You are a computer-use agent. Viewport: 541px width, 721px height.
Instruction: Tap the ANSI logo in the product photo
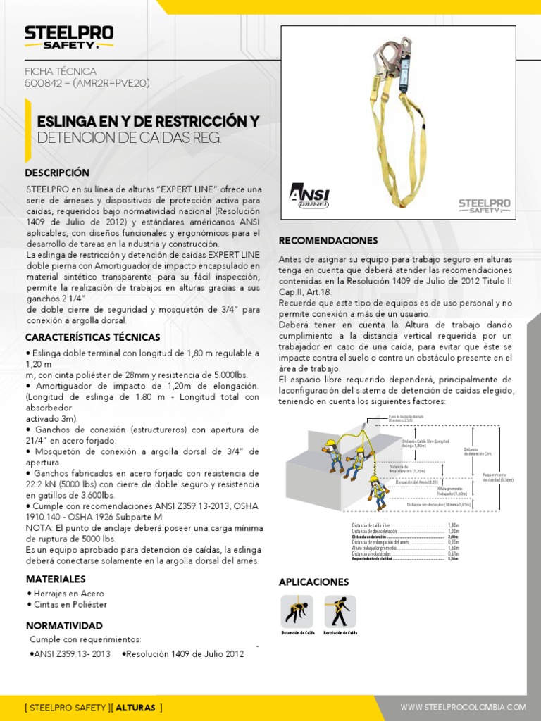(309, 195)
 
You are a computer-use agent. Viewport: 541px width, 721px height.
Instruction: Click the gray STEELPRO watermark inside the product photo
(485, 205)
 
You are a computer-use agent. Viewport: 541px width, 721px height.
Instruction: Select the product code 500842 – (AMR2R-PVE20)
(87, 83)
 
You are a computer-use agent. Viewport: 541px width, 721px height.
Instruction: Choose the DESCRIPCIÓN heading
(57, 173)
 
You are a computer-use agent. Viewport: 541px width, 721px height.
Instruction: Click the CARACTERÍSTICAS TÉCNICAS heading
(93, 337)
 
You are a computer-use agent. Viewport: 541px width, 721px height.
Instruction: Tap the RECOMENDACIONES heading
(328, 240)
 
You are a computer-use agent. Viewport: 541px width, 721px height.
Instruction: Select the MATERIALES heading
(56, 579)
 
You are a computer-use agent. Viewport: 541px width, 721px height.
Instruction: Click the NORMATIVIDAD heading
(64, 625)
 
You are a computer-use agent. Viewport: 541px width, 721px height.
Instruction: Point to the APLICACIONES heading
(313, 582)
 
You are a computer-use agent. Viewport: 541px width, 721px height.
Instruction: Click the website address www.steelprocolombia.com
(463, 706)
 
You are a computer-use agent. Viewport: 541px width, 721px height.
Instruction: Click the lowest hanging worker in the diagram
(378, 491)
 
